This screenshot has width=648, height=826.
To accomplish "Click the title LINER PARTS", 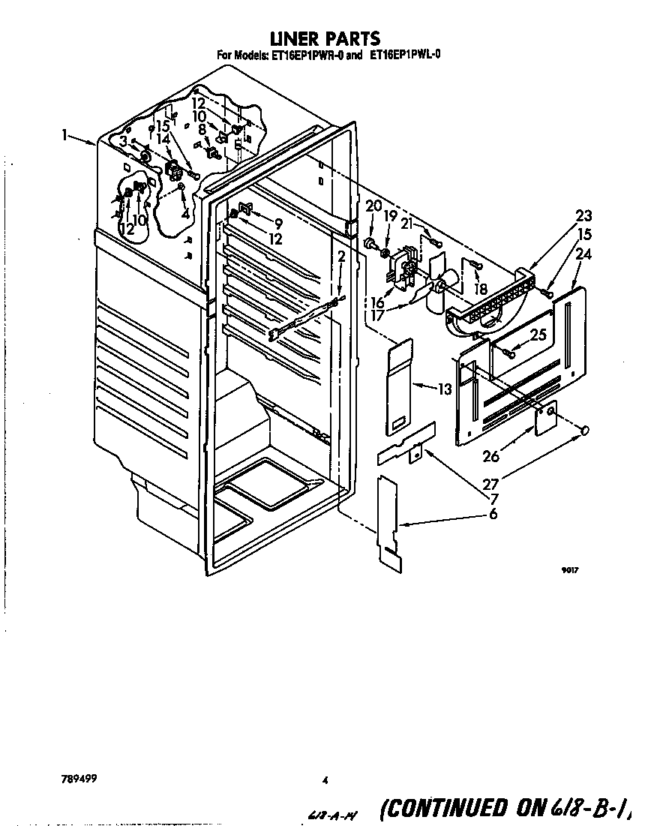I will pos(325,38).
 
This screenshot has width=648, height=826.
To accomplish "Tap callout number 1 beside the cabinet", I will pos(65,136).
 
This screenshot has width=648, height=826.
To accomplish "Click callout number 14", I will pos(163,139).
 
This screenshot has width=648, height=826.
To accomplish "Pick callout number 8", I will pos(202,129).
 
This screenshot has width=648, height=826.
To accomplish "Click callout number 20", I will pos(373,206).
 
